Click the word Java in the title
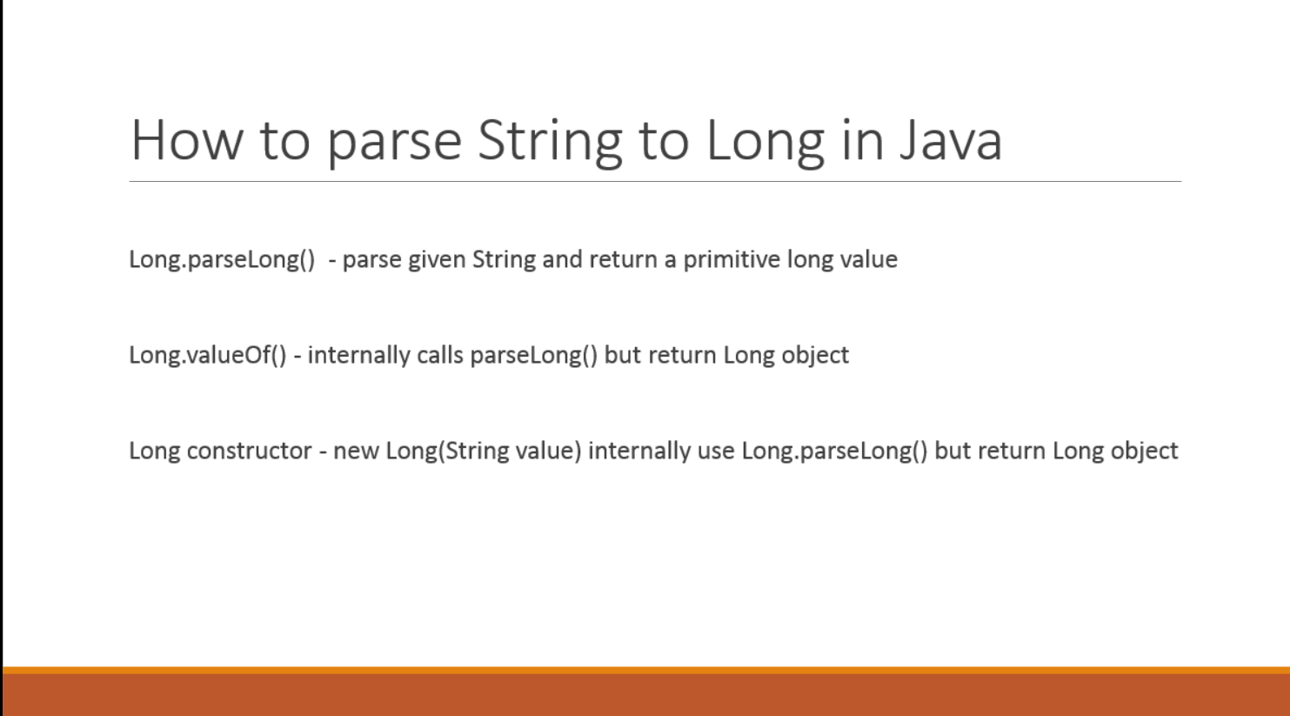951,140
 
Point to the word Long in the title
764,140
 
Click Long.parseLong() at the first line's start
222,259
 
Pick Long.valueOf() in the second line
207,355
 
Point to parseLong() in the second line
533,355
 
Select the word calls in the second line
439,355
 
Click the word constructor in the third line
249,451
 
